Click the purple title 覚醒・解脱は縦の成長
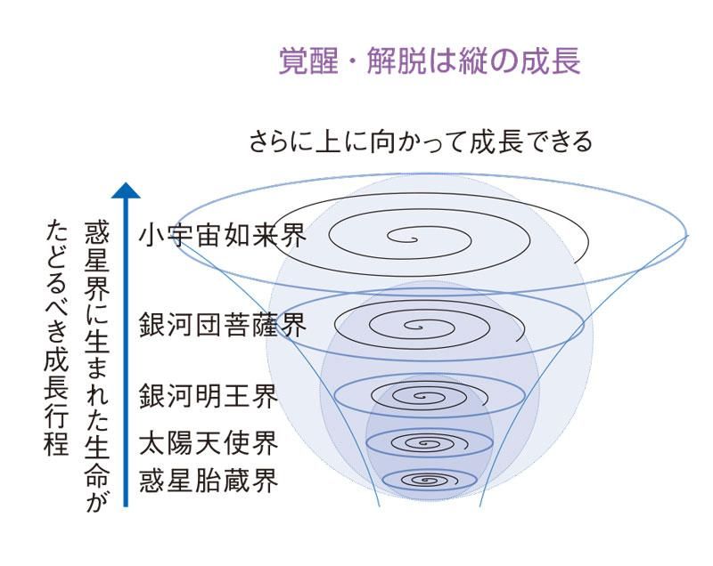pyautogui.click(x=430, y=61)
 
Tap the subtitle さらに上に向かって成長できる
pyautogui.click(x=421, y=141)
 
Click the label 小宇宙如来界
pyautogui.click(x=223, y=236)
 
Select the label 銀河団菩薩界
pyautogui.click(x=223, y=325)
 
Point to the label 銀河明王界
pyautogui.click(x=209, y=396)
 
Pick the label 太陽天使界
pyautogui.click(x=209, y=443)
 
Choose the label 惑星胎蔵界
pyautogui.click(x=209, y=481)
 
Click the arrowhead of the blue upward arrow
pyautogui.click(x=126, y=190)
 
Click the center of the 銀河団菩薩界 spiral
pyautogui.click(x=416, y=326)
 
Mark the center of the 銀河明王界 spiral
pyautogui.click(x=422, y=397)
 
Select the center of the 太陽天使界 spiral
pyautogui.click(x=426, y=443)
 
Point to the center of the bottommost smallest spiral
pyautogui.click(x=427, y=481)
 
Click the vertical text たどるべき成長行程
pyautogui.click(x=57, y=338)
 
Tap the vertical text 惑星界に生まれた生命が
pyautogui.click(x=97, y=367)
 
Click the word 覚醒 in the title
pyautogui.click(x=308, y=61)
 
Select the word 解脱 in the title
pyautogui.click(x=397, y=61)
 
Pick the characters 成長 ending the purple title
pyautogui.click(x=551, y=61)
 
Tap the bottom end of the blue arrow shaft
pyautogui.click(x=126, y=505)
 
